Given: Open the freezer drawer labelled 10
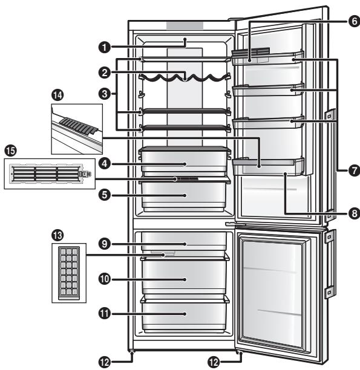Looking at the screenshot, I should (185, 279).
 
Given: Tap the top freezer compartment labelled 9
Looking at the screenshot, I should (185, 244).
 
